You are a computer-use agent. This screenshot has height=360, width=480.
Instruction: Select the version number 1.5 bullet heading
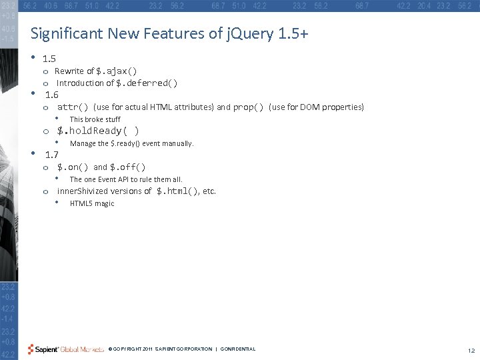(x=49, y=59)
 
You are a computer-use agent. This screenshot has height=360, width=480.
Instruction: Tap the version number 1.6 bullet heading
(x=51, y=94)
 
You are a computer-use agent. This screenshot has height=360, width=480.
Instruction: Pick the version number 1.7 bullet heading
(x=51, y=154)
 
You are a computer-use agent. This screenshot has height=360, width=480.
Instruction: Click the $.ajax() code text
(x=117, y=71)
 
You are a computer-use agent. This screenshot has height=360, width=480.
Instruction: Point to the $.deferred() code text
(x=147, y=83)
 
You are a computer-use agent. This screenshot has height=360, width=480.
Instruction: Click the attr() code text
(x=73, y=107)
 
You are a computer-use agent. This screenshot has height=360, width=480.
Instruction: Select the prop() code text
(x=248, y=107)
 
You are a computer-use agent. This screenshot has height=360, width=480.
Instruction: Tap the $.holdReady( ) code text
(x=97, y=131)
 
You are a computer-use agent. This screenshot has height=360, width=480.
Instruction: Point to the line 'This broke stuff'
(x=95, y=119)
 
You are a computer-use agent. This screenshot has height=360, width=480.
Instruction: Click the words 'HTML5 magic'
(x=92, y=203)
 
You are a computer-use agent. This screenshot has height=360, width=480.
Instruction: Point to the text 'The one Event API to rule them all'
(x=126, y=179)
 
